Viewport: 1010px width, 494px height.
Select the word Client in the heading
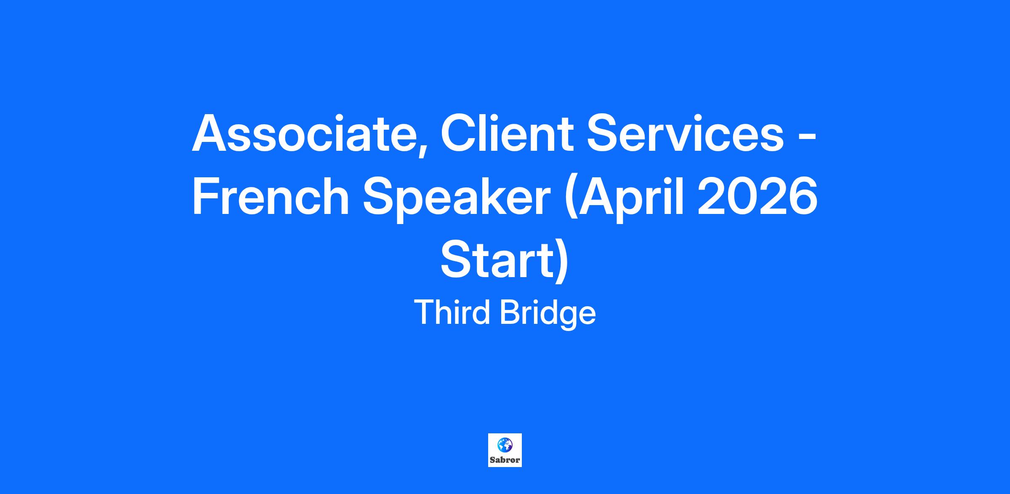(x=508, y=133)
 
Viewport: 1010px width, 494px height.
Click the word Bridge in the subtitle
(x=548, y=315)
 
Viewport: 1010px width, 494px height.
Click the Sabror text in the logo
(x=505, y=460)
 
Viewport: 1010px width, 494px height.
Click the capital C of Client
(x=460, y=133)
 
